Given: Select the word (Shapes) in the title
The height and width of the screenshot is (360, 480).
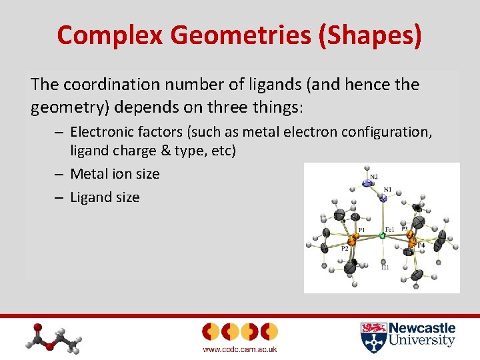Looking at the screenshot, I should coord(382,35).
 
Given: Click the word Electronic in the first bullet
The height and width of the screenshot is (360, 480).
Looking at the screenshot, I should coord(102,132).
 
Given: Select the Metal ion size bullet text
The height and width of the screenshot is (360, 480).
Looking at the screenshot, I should coord(115,174).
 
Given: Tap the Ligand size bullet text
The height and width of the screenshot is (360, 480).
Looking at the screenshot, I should coord(105,197).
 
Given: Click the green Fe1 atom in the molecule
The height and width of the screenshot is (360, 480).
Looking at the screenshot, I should coord(382,235).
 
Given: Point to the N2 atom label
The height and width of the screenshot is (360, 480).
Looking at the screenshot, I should coord(374,177).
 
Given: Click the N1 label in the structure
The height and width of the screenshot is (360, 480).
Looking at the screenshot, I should coord(387,189).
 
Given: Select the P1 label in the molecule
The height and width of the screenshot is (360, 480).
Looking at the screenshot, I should coord(361,231).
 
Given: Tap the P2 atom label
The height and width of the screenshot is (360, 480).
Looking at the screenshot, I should coord(345,249).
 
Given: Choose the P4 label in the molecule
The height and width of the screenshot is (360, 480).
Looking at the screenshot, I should coord(421,246).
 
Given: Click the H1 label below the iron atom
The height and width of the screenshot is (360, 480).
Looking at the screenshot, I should coord(385,267).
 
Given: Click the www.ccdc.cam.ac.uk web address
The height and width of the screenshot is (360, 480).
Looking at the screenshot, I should coord(239,349).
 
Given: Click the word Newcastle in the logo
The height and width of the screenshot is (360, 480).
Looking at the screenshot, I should coord(422,328).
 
